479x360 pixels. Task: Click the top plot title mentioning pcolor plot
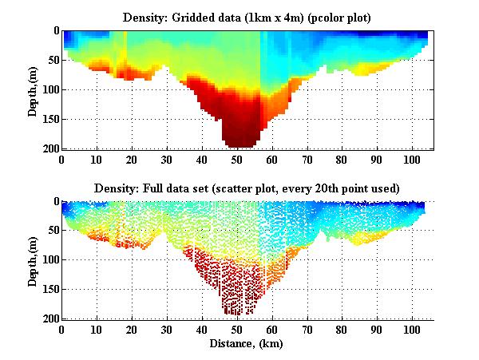click(x=247, y=17)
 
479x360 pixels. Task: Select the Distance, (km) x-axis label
click(x=247, y=344)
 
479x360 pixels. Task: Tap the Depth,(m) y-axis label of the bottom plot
click(x=33, y=259)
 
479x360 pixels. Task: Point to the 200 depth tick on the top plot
click(x=49, y=149)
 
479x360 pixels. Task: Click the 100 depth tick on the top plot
click(x=49, y=89)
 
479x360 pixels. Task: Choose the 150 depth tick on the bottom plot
click(x=49, y=290)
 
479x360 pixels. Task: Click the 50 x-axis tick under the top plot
click(x=236, y=160)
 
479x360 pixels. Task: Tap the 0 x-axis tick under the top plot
click(x=62, y=160)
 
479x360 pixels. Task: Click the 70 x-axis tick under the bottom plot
click(x=307, y=330)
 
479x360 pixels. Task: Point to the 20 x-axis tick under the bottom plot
click(x=132, y=330)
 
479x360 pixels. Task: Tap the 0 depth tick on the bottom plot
click(x=54, y=202)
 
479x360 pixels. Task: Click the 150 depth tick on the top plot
click(x=49, y=119)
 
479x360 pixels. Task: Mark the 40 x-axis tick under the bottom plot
click(x=201, y=330)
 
